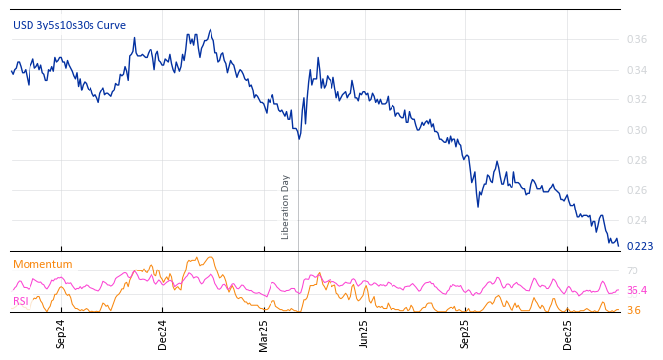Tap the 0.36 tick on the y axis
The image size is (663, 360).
pos(636,40)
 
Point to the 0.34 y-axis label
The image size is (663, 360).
pos(636,70)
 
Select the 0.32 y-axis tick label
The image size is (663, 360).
pos(636,100)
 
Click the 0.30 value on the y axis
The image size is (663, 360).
pos(636,131)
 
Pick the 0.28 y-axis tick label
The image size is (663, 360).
pos(636,160)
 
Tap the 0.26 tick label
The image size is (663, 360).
pos(636,191)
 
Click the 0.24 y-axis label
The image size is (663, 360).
pos(636,221)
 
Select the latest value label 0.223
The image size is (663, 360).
pos(639,246)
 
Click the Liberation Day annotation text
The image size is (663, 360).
pos(286,207)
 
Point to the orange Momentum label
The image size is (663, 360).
pos(42,265)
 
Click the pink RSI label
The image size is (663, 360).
pos(20,301)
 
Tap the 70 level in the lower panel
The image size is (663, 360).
pos(633,270)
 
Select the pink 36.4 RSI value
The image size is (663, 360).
pos(636,291)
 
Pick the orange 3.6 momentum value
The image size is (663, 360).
pos(633,311)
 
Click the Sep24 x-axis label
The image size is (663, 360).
pos(61,333)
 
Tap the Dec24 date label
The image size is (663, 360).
pos(163,333)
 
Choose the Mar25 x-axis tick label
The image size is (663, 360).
pos(264,333)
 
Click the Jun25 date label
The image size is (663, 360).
pos(364,333)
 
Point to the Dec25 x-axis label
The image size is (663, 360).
pos(568,333)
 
